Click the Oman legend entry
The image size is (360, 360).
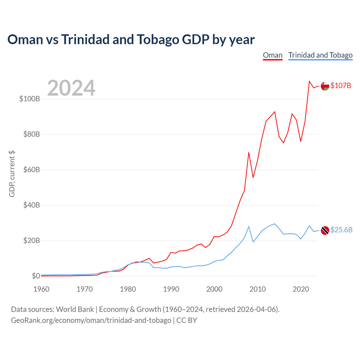click(273, 55)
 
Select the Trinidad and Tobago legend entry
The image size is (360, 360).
click(320, 55)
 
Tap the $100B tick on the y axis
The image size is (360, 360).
click(30, 99)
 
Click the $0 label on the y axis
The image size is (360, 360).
click(36, 276)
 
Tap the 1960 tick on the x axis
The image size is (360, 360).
click(41, 289)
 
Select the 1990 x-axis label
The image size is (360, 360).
click(171, 289)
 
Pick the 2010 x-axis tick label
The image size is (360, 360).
click(258, 289)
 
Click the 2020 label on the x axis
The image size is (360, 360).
click(301, 289)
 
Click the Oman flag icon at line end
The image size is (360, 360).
click(325, 86)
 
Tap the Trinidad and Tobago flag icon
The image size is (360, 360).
click(325, 230)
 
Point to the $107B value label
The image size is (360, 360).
click(341, 85)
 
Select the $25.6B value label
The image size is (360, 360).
click(341, 230)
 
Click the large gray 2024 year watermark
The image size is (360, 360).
click(71, 88)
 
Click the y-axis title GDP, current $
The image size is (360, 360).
click(12, 174)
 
